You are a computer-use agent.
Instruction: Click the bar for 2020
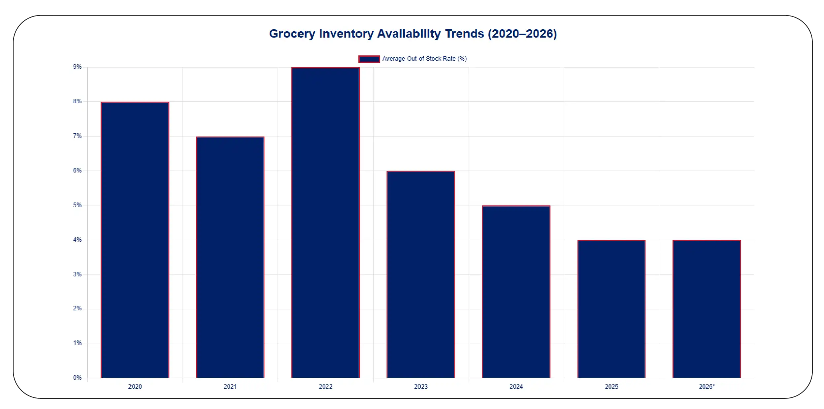tap(135, 240)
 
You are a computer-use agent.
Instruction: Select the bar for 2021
tap(230, 257)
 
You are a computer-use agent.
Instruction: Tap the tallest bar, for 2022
tap(325, 223)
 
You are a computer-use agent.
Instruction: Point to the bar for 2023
tap(421, 274)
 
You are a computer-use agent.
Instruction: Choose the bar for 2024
tap(516, 292)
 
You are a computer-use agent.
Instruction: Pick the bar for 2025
tap(611, 309)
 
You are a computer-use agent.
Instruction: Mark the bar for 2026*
tap(707, 309)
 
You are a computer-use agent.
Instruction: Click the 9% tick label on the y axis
tap(77, 67)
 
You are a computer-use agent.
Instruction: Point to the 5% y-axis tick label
tap(77, 205)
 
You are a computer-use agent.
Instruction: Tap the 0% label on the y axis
tap(77, 377)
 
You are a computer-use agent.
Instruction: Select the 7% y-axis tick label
tap(77, 136)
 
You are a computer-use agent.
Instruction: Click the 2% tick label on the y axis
tap(77, 308)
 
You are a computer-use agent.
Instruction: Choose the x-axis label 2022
tap(325, 387)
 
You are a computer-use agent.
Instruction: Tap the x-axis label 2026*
tap(707, 387)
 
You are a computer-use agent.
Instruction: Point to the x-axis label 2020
tap(135, 387)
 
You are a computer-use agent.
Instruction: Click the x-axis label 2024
tap(516, 387)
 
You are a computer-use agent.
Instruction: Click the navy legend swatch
tap(369, 59)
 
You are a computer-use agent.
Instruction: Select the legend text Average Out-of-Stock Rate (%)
tap(424, 59)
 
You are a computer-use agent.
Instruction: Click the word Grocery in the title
tap(292, 34)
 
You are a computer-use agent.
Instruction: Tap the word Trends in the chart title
tap(464, 34)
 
